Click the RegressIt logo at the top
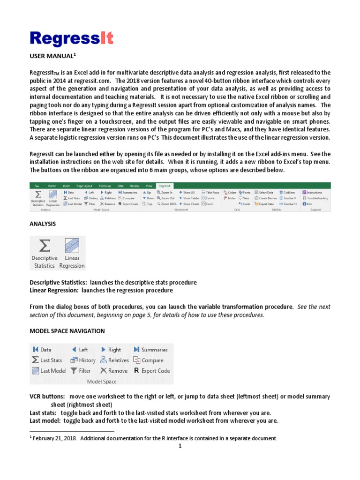72,38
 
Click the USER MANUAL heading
52,56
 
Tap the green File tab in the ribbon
37,186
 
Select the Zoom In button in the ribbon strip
165,192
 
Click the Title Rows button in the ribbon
210,192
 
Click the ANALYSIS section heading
43,224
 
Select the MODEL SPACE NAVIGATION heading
67,331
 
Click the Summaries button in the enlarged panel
150,350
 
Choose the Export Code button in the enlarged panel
151,371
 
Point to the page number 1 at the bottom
180,446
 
